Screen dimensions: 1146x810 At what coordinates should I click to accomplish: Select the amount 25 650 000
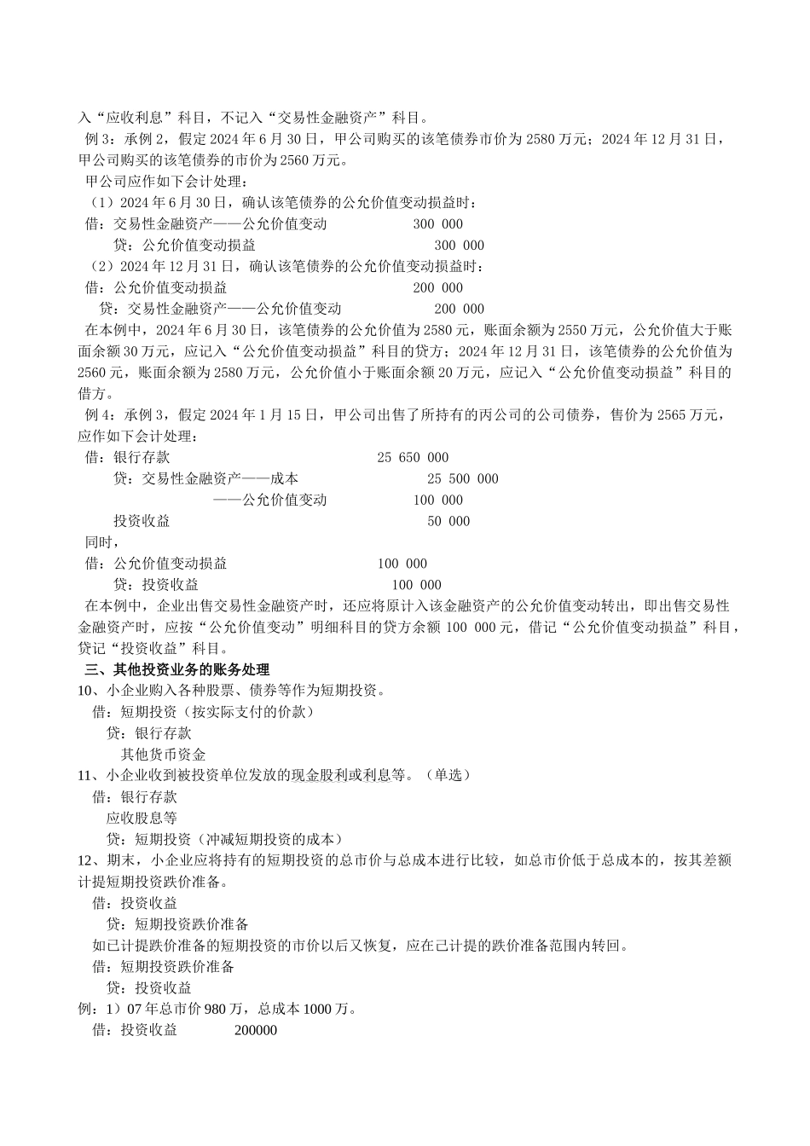pyautogui.click(x=413, y=458)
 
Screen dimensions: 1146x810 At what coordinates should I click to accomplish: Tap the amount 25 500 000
pyautogui.click(x=462, y=479)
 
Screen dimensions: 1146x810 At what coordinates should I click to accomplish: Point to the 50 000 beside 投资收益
pyautogui.click(x=448, y=522)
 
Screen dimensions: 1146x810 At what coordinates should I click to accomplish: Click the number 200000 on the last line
pyautogui.click(x=256, y=1030)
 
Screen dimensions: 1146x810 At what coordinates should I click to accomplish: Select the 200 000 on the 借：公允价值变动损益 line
pyautogui.click(x=437, y=288)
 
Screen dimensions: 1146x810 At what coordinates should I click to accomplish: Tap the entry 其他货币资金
pyautogui.click(x=163, y=755)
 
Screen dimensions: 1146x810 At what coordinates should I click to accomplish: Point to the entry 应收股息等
pyautogui.click(x=142, y=818)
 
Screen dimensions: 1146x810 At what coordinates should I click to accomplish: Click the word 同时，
pyautogui.click(x=100, y=542)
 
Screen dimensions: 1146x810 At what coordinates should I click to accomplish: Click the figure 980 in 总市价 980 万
pyautogui.click(x=216, y=1009)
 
